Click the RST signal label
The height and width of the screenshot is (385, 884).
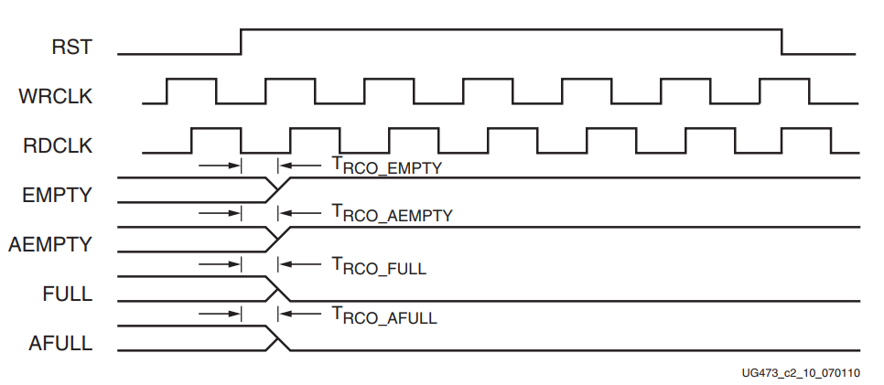click(71, 47)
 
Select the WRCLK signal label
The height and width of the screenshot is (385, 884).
click(56, 95)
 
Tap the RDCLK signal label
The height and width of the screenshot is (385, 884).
click(56, 144)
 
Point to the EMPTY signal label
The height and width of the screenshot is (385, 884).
click(59, 194)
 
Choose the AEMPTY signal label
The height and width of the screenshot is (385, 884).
click(51, 244)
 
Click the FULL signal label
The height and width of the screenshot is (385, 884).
click(68, 294)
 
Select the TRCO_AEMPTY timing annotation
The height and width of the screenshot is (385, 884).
click(392, 215)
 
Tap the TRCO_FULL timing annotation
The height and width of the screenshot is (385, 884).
click(379, 266)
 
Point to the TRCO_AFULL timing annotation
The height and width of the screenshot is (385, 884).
click(384, 316)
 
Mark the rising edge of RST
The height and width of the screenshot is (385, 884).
click(241, 42)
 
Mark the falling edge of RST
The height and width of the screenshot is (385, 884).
click(782, 42)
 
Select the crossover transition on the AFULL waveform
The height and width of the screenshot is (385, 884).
click(276, 338)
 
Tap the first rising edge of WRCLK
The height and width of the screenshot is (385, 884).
click(167, 91)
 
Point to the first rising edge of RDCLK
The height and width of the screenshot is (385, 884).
click(191, 140)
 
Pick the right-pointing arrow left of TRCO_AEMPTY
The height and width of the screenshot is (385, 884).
click(220, 215)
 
